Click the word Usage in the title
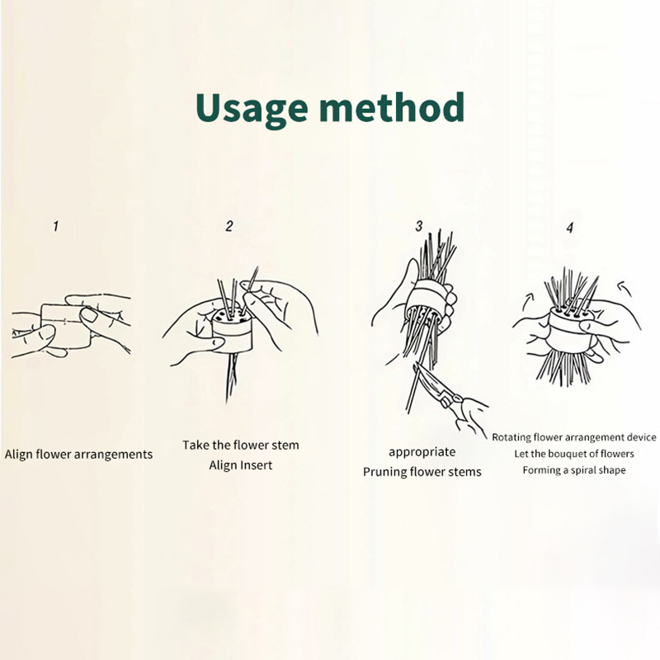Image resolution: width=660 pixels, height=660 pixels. (252, 109)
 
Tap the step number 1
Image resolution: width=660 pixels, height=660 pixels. (55, 226)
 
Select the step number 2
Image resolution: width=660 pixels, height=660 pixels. (229, 226)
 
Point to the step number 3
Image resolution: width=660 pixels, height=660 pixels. (418, 226)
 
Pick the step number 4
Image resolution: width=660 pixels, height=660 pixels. (569, 228)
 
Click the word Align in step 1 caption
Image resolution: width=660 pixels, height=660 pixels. (18, 455)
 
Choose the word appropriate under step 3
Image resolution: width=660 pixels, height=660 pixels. (422, 452)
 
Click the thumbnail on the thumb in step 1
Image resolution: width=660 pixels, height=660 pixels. (88, 315)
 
